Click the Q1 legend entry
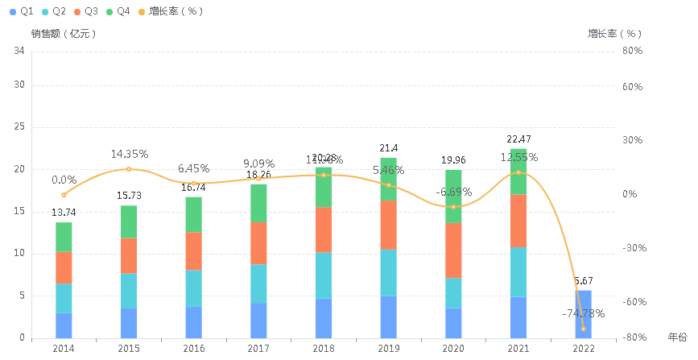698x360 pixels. (20, 11)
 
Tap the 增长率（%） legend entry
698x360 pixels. (170, 11)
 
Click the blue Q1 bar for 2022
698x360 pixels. (583, 314)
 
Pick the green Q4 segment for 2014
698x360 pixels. (64, 237)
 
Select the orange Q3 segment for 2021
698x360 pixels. (518, 221)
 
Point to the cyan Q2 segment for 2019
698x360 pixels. (388, 272)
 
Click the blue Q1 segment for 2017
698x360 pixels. (258, 320)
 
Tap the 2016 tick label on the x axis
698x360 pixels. (193, 348)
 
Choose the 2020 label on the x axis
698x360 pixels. (453, 348)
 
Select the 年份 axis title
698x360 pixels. (678, 336)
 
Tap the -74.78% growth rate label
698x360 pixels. (584, 313)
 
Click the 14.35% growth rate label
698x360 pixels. (129, 154)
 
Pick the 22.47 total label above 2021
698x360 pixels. (518, 139)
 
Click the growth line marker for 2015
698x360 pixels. (129, 169)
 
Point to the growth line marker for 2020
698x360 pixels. (453, 207)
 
